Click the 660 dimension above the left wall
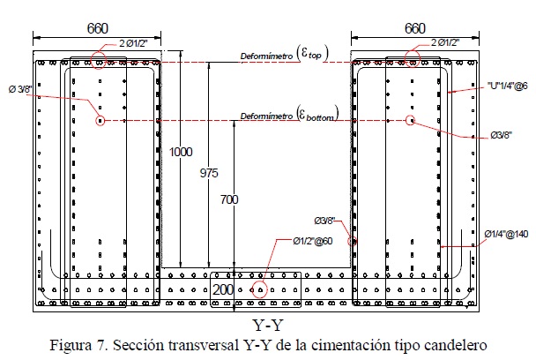(x=98, y=28)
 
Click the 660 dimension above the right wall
(x=415, y=28)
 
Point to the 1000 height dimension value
(x=181, y=152)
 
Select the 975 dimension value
(x=209, y=173)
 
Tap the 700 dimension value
(x=229, y=199)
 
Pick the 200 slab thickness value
(x=222, y=289)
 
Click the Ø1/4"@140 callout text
(x=505, y=233)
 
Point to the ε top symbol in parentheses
(x=312, y=54)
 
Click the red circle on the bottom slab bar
(x=258, y=289)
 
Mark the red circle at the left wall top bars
(x=99, y=61)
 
